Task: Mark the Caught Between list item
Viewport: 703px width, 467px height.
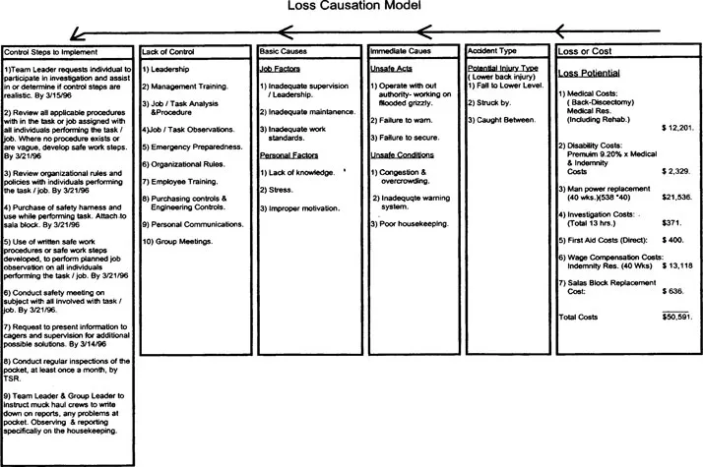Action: point(501,119)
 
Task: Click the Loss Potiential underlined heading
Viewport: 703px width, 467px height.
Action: point(593,74)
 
